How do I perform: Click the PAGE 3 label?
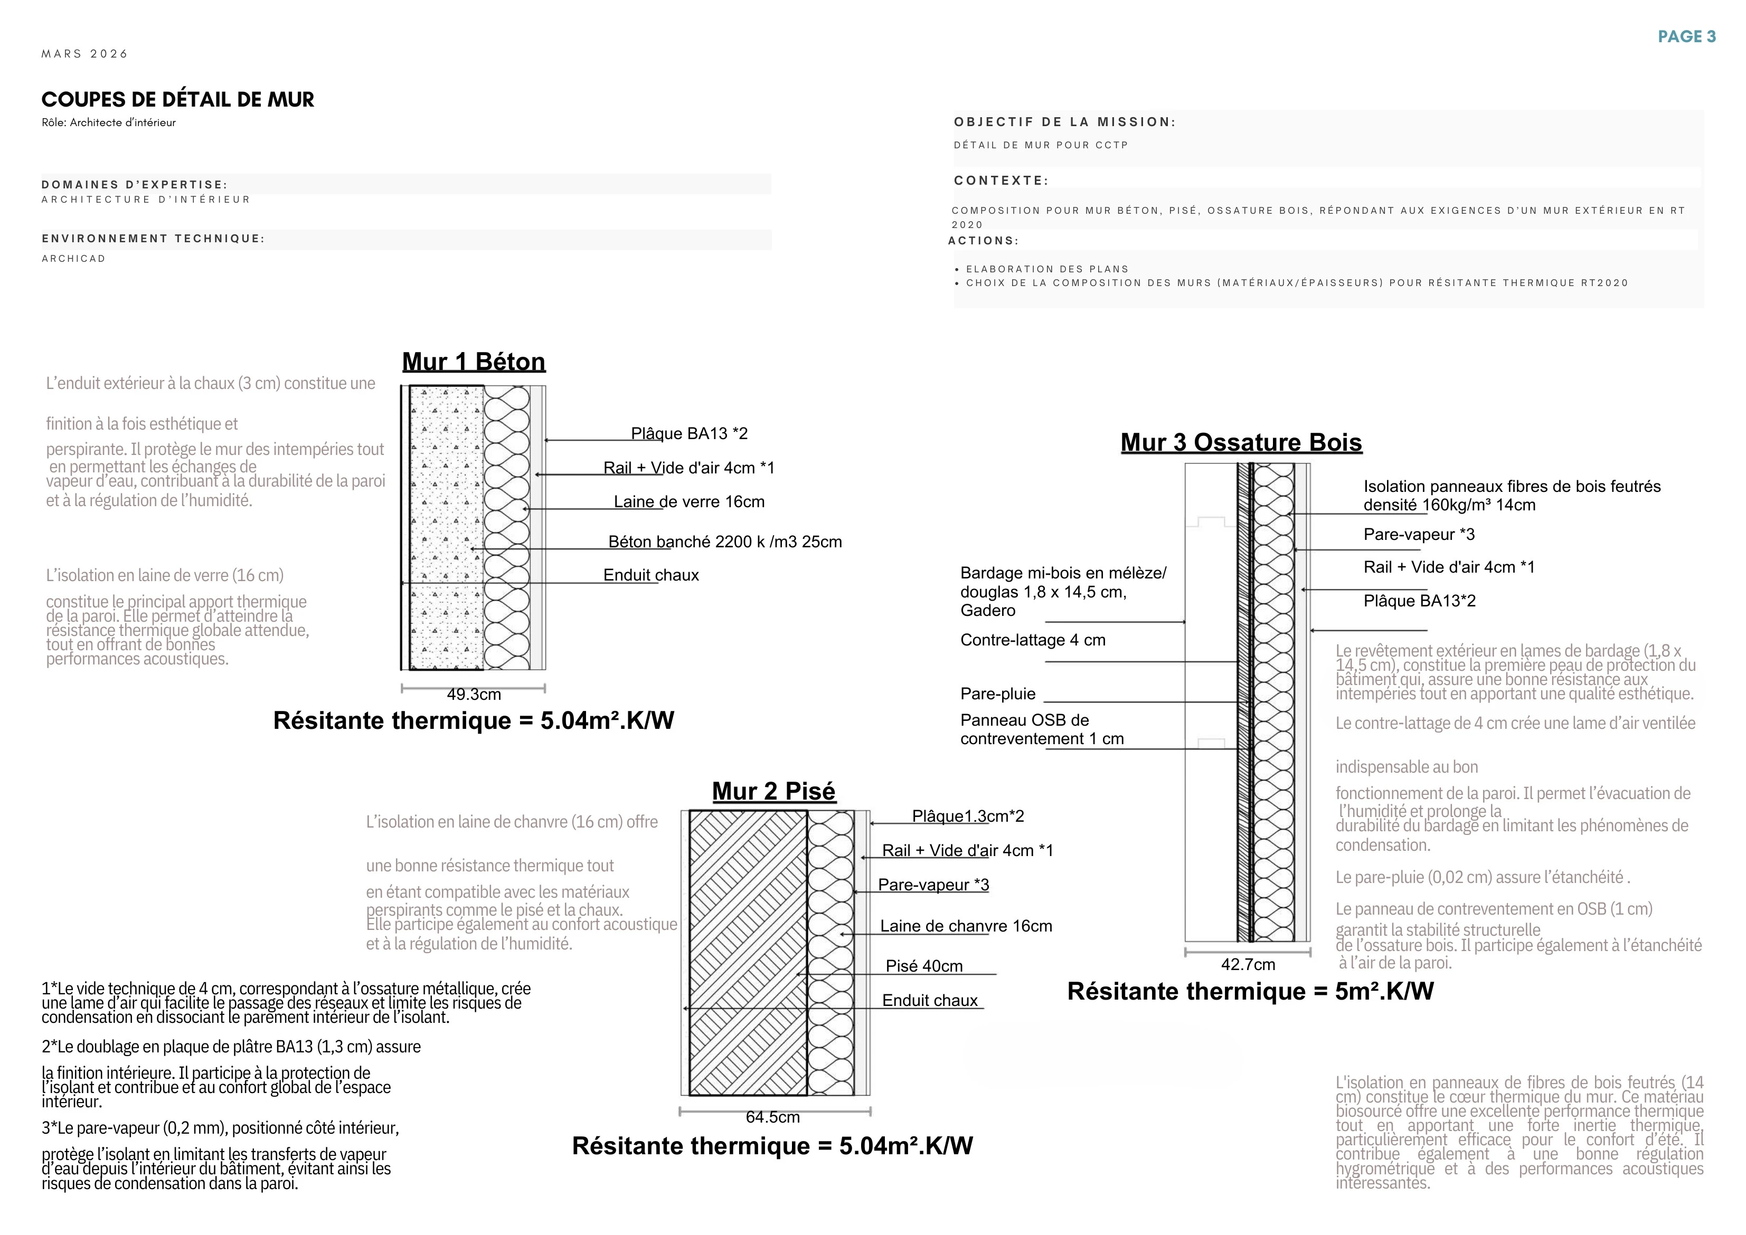1687,36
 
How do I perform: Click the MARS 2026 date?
84,54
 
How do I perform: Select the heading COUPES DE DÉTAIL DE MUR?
177,100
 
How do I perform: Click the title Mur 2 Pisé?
773,791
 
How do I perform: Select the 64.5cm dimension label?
772,1117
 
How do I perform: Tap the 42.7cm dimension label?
1248,964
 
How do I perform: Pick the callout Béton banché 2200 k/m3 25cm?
725,542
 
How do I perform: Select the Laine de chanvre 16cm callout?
966,926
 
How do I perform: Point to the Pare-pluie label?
997,693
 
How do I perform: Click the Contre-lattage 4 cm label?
1032,640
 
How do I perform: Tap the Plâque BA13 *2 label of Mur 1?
690,433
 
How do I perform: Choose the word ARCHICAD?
74,259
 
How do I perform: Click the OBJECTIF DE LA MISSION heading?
1064,122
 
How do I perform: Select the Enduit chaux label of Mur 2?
930,1001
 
